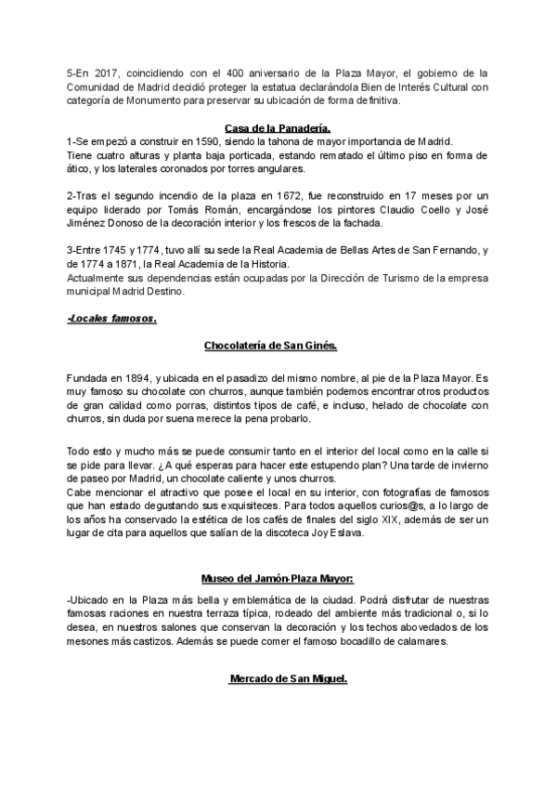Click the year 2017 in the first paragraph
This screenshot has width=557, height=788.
pyautogui.click(x=109, y=72)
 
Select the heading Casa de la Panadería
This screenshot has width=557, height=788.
pyautogui.click(x=278, y=127)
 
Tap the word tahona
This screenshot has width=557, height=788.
pyautogui.click(x=273, y=141)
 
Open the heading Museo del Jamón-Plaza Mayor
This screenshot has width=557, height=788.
pyautogui.click(x=278, y=579)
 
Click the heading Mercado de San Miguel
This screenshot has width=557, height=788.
pyautogui.click(x=288, y=678)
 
